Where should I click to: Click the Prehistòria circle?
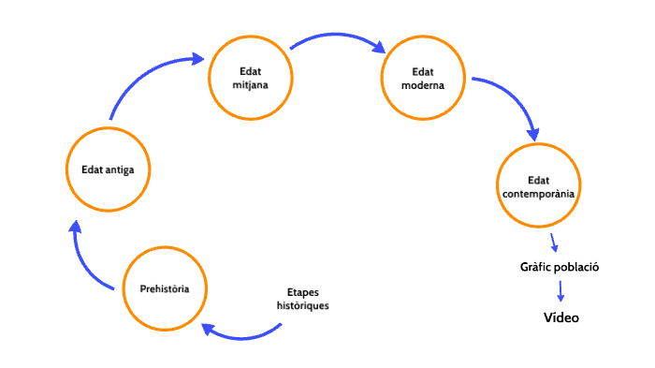coord(165,287)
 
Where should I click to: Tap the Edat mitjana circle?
coord(250,78)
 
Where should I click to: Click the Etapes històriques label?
coord(302,299)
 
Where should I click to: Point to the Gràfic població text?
coord(559,267)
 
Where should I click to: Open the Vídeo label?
coord(561,318)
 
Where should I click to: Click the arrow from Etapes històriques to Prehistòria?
coord(241,332)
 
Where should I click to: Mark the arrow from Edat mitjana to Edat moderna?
coord(337,39)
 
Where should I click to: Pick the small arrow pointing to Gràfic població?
coord(554,243)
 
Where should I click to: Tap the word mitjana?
coord(250,85)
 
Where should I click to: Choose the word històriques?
coord(302,306)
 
